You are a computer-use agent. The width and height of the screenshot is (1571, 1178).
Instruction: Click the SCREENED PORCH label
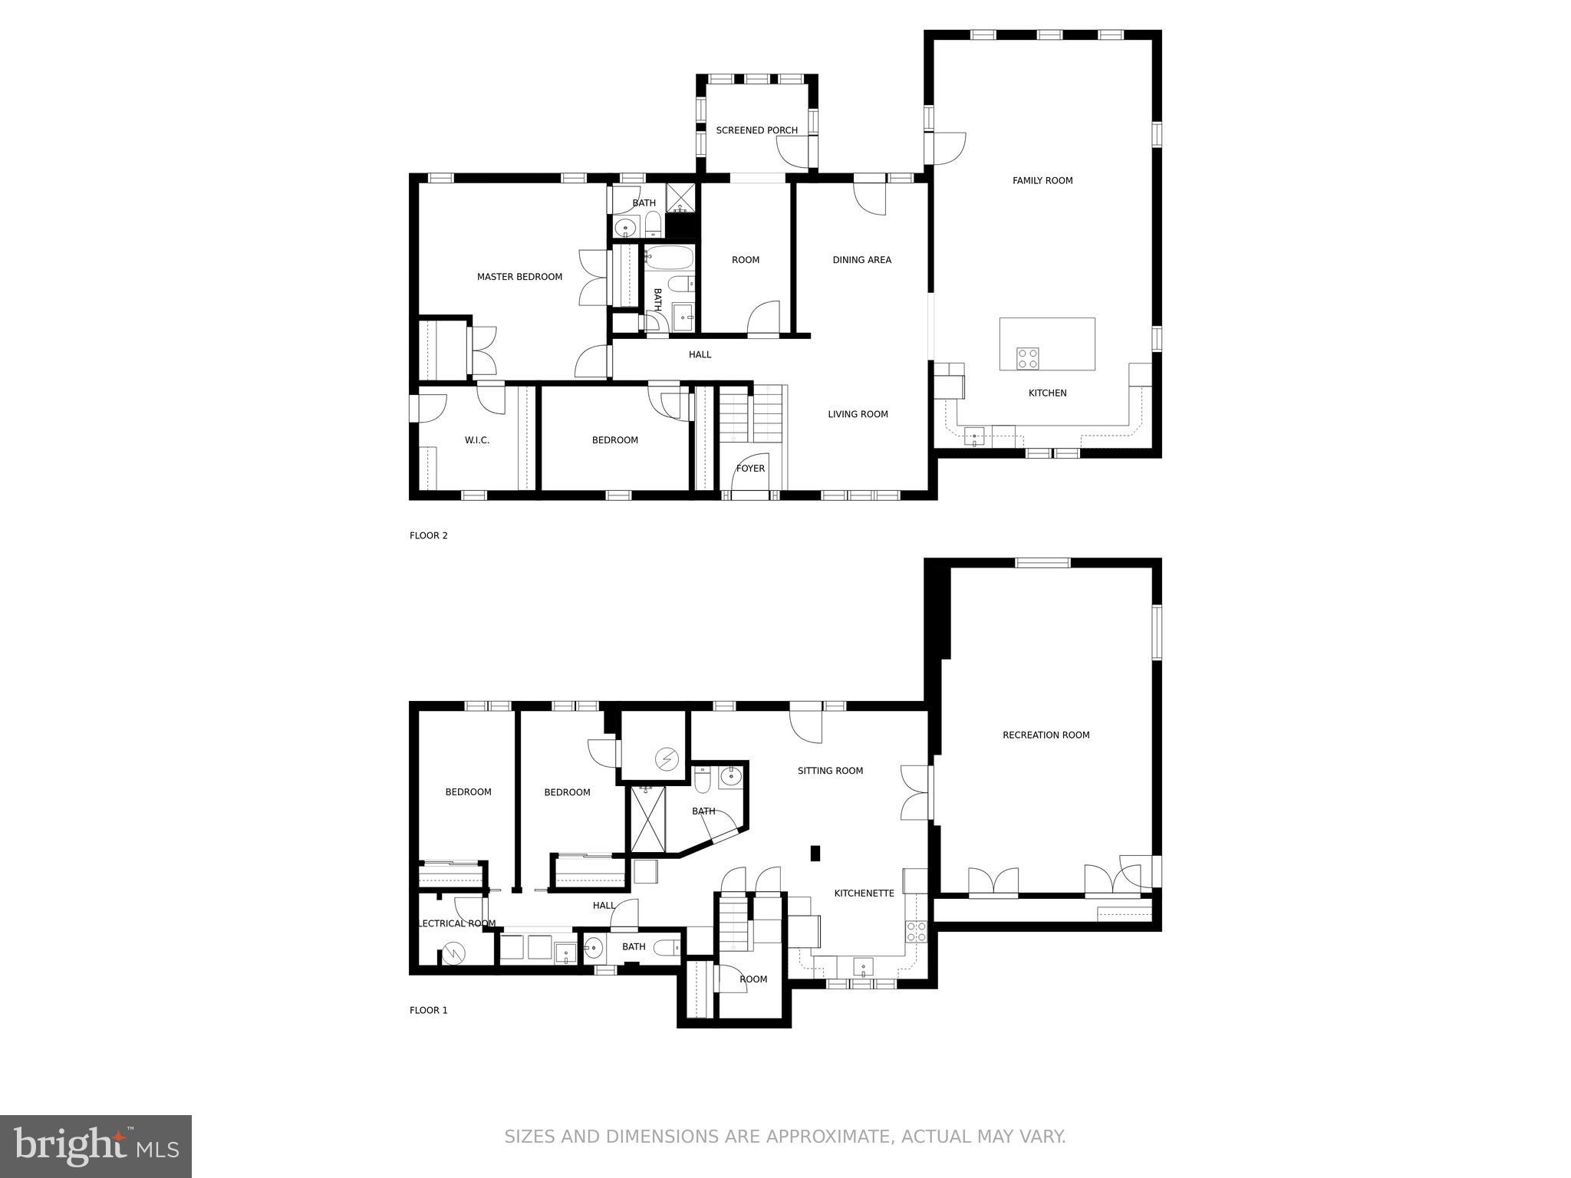[x=756, y=130]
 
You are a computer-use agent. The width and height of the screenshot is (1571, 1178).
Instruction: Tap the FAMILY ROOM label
[x=1042, y=181]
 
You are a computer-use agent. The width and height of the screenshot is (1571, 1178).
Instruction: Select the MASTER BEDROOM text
[x=519, y=277]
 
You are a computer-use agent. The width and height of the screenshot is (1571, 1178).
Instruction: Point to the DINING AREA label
[x=861, y=260]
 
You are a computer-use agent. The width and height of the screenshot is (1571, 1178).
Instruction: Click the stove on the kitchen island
[x=1028, y=358]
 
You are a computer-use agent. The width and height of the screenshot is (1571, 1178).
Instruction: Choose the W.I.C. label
[x=476, y=440]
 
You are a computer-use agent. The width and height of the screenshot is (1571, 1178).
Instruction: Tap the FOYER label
[x=750, y=469]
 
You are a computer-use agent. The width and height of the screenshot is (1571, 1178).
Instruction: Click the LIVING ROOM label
[x=858, y=414]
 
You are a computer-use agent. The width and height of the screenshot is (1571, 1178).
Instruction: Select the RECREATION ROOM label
[x=1046, y=735]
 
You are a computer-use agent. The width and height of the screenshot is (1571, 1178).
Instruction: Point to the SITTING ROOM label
[x=830, y=771]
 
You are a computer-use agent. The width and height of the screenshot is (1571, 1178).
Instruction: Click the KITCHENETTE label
[x=864, y=893]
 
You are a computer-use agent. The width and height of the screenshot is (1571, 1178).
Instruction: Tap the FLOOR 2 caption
[x=428, y=536]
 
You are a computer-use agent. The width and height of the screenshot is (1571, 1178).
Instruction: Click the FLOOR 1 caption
[x=428, y=1011]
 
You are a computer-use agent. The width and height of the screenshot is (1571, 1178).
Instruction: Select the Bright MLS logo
[x=96, y=1147]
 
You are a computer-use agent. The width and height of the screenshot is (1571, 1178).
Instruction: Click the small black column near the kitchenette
[x=815, y=853]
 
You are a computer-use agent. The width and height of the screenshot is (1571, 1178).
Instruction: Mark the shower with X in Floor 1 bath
[x=647, y=819]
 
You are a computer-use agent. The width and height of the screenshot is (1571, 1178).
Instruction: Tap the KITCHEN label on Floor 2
[x=1047, y=393]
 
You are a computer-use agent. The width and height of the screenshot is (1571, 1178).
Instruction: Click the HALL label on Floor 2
[x=700, y=355]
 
